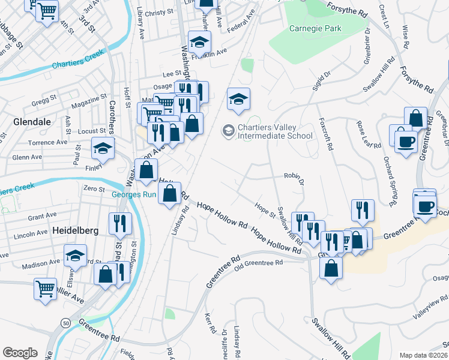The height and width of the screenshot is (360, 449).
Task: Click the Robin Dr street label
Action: (294, 178)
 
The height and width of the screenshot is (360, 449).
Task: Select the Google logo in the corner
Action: (20, 352)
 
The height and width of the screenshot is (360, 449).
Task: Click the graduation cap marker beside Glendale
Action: (103, 148)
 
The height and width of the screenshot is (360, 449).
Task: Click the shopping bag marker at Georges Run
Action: (170, 193)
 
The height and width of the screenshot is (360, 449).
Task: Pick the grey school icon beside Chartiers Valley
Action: (228, 130)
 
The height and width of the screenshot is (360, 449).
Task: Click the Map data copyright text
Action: (424, 355)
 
